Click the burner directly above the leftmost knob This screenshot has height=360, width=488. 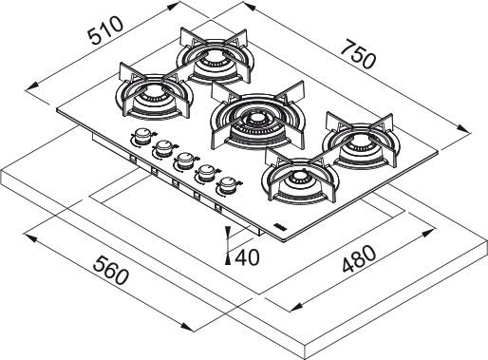(151, 93)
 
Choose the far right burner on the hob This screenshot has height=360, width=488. (361, 143)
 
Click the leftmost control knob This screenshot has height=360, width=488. (142, 136)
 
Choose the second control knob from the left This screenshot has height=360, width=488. (162, 147)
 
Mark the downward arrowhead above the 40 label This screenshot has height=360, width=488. (229, 235)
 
